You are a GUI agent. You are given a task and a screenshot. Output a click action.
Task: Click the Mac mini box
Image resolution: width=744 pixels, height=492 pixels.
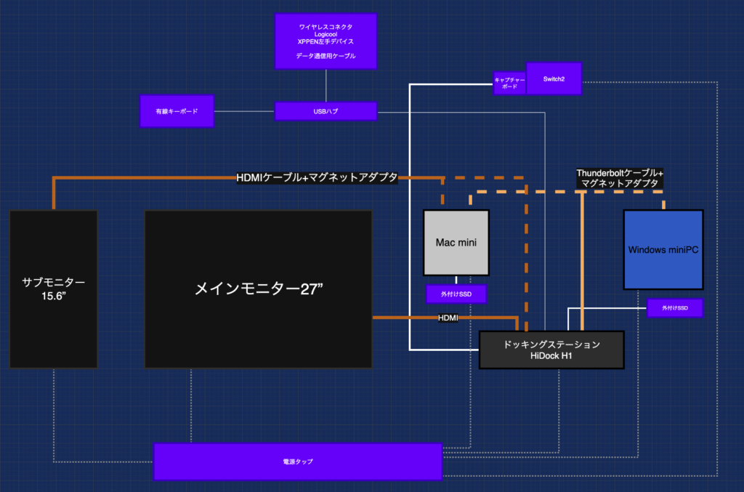click(x=456, y=242)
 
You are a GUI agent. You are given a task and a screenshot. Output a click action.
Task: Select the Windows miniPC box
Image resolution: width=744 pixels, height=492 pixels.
click(x=663, y=250)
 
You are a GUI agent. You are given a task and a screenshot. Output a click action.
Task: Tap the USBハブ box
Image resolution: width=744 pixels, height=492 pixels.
click(x=325, y=111)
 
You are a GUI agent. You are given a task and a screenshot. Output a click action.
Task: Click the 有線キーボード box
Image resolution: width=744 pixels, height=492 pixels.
click(x=177, y=111)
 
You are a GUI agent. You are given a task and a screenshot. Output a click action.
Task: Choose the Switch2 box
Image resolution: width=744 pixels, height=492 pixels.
click(x=554, y=78)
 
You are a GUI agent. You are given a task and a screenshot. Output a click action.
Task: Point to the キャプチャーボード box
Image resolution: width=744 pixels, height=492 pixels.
click(x=509, y=82)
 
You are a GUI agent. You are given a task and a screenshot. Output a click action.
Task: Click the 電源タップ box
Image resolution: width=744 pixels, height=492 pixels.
click(x=298, y=461)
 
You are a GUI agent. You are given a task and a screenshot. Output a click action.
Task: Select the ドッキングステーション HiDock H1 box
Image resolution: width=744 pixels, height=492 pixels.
click(x=551, y=349)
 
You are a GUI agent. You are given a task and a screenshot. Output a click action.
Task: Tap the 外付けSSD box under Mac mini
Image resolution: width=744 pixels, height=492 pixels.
click(x=456, y=294)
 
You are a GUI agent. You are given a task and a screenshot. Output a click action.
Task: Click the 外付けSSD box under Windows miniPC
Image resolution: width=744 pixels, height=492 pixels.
click(x=674, y=308)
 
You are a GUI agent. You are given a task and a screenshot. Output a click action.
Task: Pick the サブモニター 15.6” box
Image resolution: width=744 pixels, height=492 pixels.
click(x=53, y=289)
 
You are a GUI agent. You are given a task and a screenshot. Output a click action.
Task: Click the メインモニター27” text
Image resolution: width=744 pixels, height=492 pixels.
click(x=258, y=289)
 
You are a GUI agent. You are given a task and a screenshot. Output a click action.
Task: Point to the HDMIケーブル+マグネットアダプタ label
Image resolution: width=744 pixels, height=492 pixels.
click(x=317, y=177)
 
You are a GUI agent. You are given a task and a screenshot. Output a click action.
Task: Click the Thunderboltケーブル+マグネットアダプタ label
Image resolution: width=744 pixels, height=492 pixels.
click(x=619, y=179)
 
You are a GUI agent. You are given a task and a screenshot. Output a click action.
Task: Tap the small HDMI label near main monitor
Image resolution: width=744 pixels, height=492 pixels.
click(x=448, y=318)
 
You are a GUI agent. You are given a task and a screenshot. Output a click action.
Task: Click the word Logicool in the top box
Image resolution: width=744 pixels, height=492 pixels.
click(x=325, y=34)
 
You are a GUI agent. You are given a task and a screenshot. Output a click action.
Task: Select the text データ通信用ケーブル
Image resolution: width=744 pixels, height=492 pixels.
click(x=325, y=56)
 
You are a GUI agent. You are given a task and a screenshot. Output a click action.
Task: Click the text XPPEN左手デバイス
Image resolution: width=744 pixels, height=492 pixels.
click(x=325, y=41)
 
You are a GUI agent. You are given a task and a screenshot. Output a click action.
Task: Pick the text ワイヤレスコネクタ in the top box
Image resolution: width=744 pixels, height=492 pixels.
click(x=325, y=27)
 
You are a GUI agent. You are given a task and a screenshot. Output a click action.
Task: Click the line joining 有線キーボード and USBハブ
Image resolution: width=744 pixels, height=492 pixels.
click(x=244, y=111)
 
